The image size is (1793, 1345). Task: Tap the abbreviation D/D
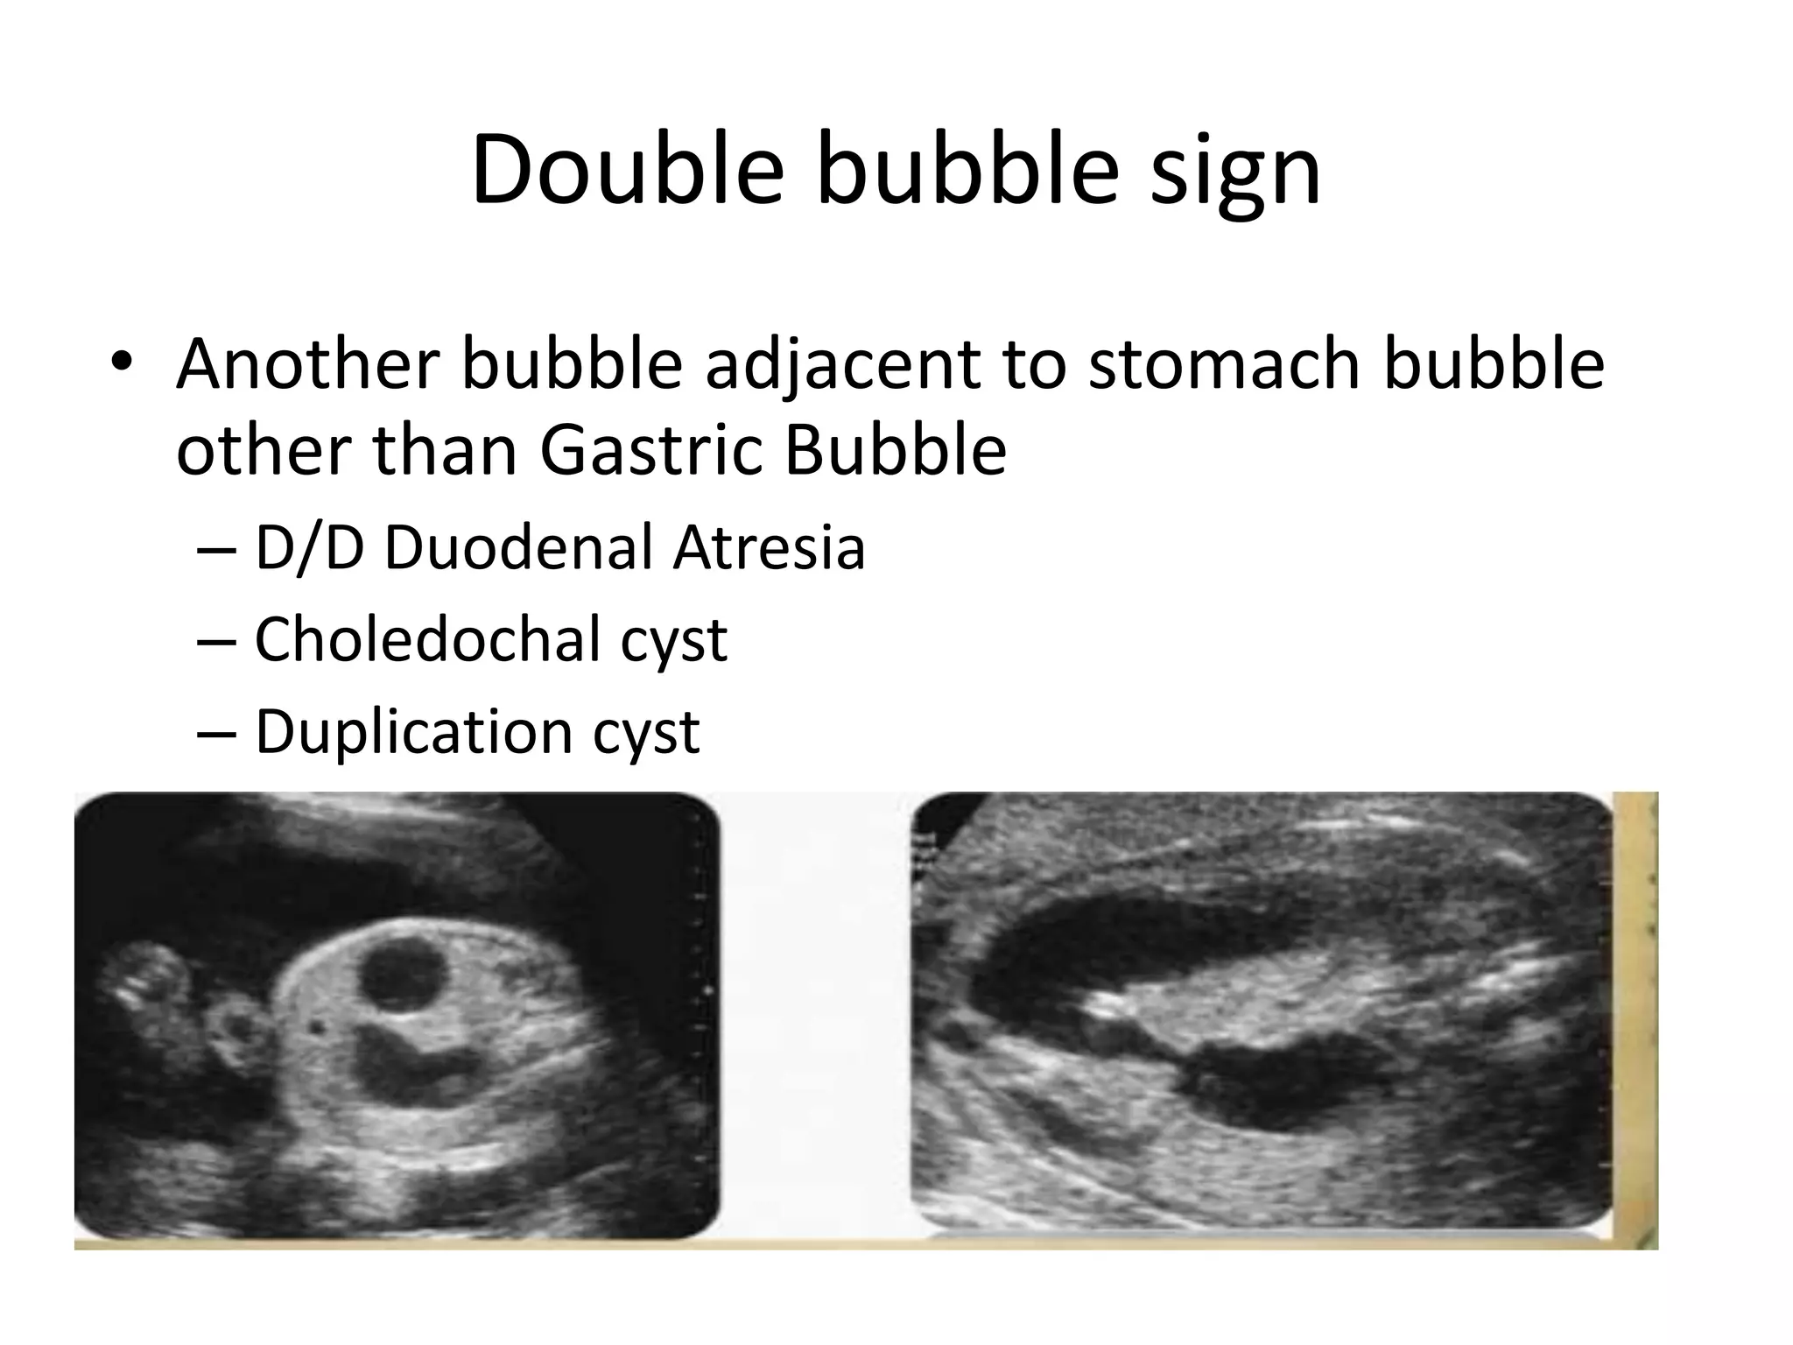coord(308,548)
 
